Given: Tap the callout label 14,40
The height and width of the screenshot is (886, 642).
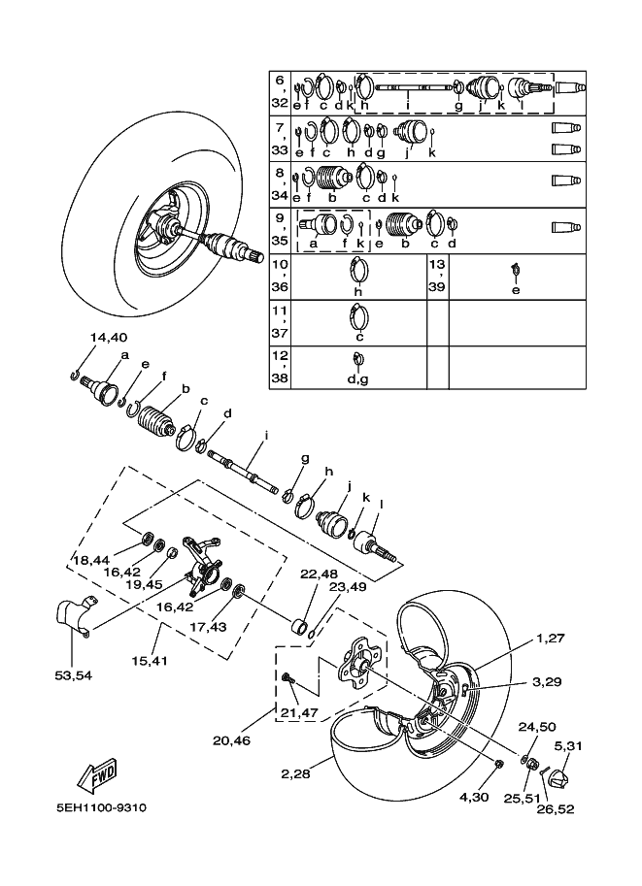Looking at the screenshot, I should [x=109, y=338].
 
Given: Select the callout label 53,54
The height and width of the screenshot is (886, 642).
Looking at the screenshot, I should [x=72, y=675].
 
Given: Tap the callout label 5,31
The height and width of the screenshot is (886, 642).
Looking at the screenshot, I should [x=568, y=745].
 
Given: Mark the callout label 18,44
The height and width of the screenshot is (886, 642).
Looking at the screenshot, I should [x=90, y=560].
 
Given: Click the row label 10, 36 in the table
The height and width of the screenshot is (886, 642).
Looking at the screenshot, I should [x=280, y=276].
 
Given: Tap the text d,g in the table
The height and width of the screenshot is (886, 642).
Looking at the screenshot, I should [x=357, y=379].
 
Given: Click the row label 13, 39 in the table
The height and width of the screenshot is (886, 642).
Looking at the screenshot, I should [x=437, y=276].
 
